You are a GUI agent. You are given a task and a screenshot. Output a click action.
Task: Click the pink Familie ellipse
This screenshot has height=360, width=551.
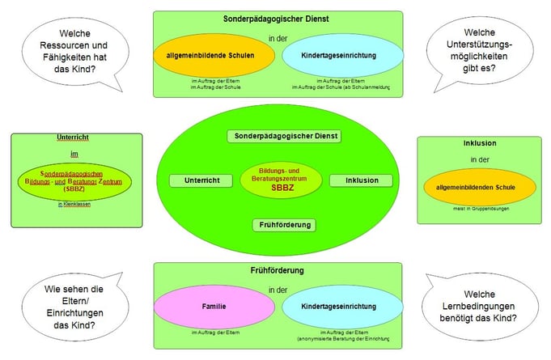click(x=214, y=307)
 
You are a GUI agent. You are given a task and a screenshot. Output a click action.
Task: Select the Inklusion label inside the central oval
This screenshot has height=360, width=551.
click(x=360, y=180)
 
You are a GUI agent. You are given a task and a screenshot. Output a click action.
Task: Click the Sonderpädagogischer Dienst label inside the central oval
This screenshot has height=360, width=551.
click(x=284, y=136)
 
